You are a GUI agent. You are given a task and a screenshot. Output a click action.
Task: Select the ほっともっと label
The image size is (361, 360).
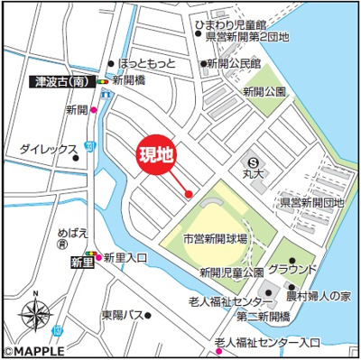point(148,64)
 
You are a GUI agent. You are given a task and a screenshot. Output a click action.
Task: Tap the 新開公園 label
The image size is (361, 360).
point(264,92)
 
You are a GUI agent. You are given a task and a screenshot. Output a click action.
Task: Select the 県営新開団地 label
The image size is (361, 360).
point(311,203)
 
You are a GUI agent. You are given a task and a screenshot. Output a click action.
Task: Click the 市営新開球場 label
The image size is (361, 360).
point(215,239)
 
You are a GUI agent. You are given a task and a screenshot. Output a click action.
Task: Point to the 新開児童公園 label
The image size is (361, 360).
point(231,272)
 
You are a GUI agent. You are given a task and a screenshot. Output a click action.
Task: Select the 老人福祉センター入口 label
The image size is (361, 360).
point(273,343)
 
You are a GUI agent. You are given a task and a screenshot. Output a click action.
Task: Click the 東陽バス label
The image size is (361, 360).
point(123,315)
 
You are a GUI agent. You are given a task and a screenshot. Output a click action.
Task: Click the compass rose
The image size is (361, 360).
point(36,315)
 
